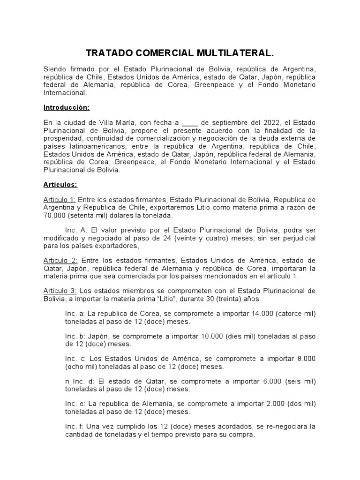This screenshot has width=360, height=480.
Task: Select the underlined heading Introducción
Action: [66, 107]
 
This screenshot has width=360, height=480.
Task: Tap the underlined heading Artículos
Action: [60, 185]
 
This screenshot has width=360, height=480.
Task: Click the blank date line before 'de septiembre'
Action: [189, 123]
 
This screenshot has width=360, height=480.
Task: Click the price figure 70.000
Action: [55, 216]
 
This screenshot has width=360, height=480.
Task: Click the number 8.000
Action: [306, 359]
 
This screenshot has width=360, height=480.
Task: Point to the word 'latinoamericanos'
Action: [89, 146]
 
